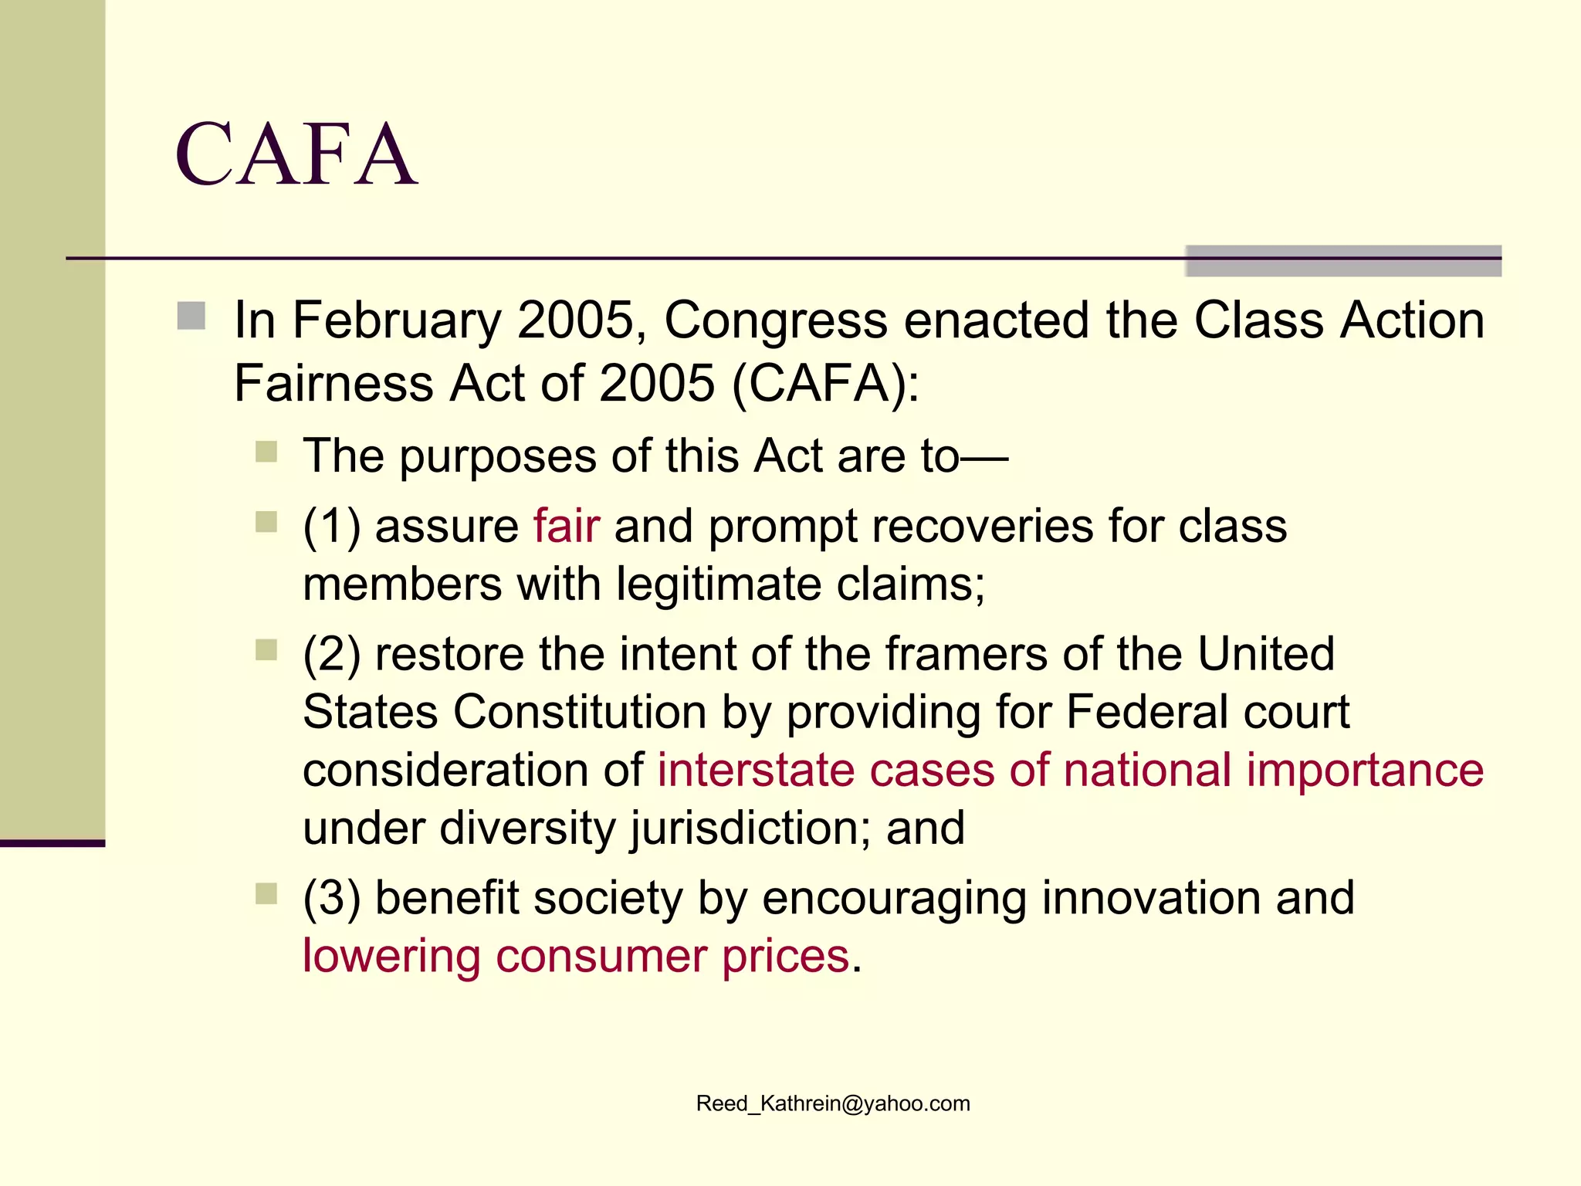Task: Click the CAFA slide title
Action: pyautogui.click(x=296, y=154)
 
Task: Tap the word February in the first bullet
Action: pyautogui.click(x=397, y=320)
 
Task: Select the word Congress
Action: pyautogui.click(x=775, y=320)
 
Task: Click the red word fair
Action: pyautogui.click(x=566, y=527)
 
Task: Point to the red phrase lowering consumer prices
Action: pyautogui.click(x=576, y=956)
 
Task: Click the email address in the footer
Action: pyautogui.click(x=833, y=1103)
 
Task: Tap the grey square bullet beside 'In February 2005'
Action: pyautogui.click(x=191, y=317)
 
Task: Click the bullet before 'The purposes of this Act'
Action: pyautogui.click(x=266, y=452)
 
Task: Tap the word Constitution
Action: pyautogui.click(x=579, y=712)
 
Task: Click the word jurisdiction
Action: pyautogui.click(x=741, y=829)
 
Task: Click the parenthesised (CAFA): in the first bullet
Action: pyautogui.click(x=825, y=384)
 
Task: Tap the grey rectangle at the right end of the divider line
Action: pyautogui.click(x=1343, y=261)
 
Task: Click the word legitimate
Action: pyautogui.click(x=719, y=585)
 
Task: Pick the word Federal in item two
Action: pyautogui.click(x=1136, y=712)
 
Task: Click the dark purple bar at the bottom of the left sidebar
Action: pyautogui.click(x=52, y=843)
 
